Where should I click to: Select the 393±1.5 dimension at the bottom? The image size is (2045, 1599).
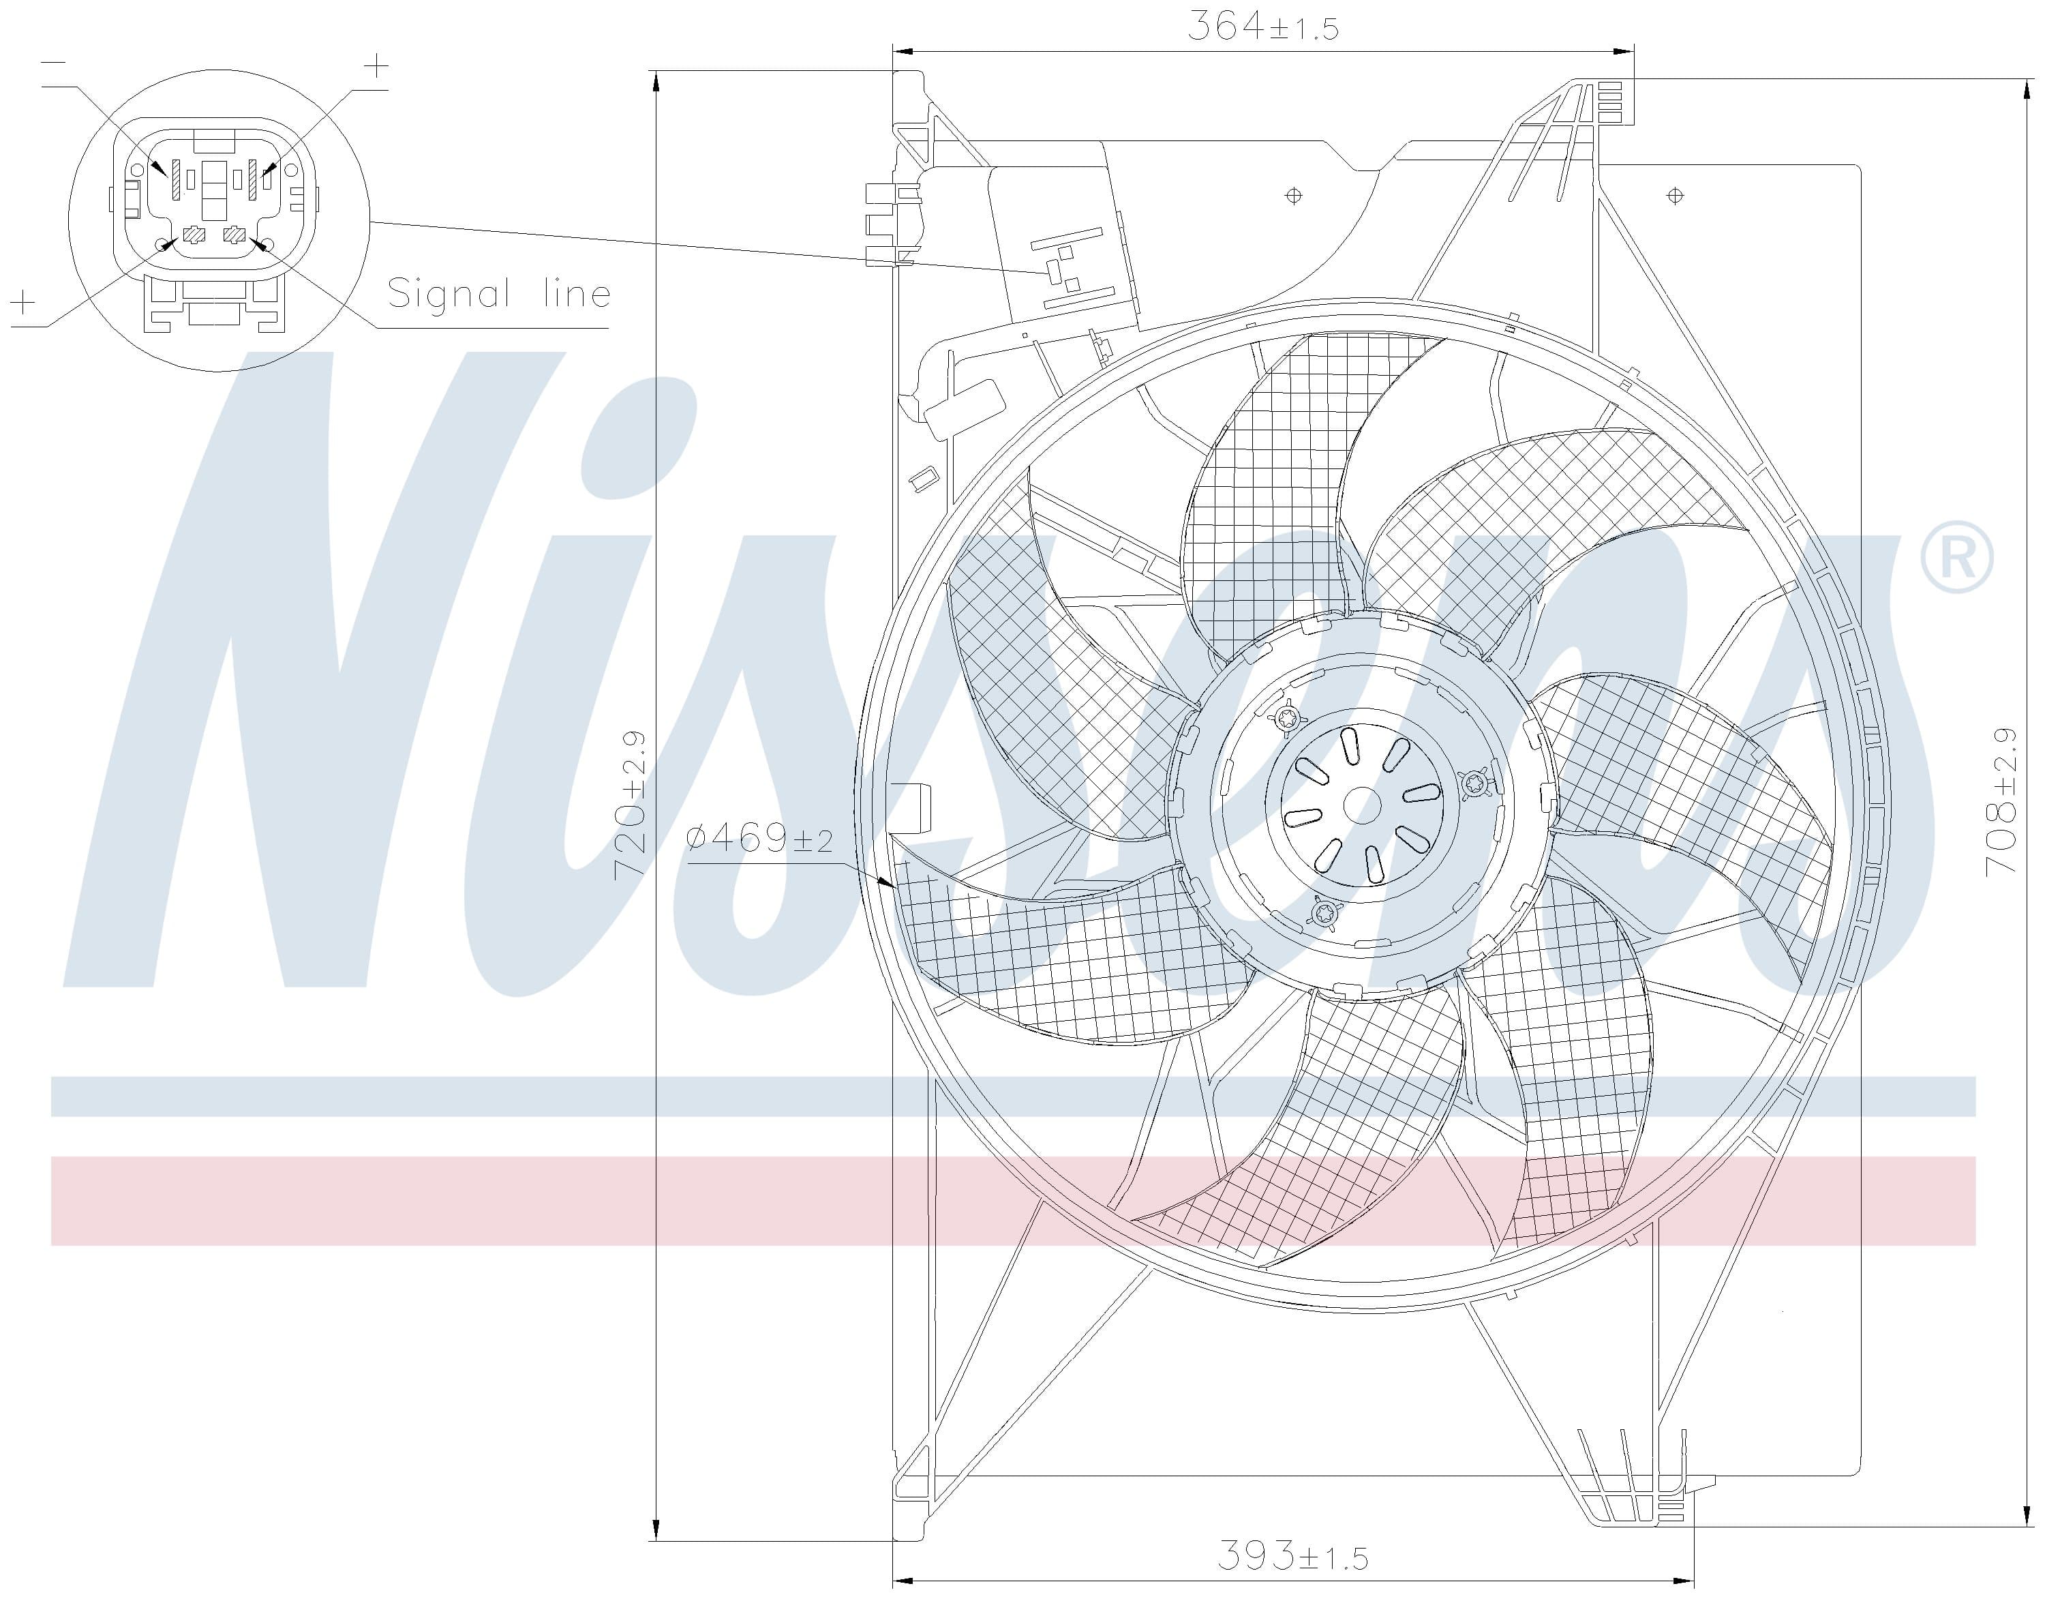[x=1292, y=1556]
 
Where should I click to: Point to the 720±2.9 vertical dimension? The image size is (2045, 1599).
[x=629, y=805]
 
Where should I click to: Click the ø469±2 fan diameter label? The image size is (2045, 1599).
[x=759, y=839]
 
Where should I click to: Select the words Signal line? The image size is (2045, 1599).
[x=499, y=293]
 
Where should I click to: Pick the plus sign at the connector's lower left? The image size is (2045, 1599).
[x=22, y=301]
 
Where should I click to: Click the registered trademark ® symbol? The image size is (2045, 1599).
[x=1956, y=558]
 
